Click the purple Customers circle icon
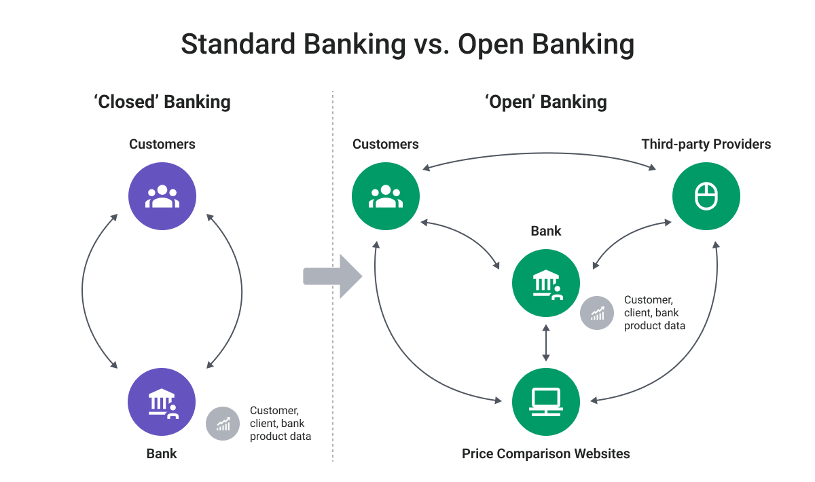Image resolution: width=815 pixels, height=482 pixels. pos(162,197)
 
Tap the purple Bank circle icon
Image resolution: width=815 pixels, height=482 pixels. pos(162,402)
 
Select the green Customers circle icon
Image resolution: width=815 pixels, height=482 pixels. pos(385,197)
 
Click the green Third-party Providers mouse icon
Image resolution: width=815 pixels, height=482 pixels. pos(706,197)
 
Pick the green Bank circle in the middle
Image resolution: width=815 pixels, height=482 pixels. pos(546,283)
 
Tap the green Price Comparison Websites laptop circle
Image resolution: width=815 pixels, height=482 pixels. pos(546,402)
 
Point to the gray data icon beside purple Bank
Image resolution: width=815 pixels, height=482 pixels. pos(223,424)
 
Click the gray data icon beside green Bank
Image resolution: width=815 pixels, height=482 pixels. pos(597,313)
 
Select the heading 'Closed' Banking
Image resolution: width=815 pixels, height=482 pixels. pos(162,103)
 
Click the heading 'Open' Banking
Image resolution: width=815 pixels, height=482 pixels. pos(546,103)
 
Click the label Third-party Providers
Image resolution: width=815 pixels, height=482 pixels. pos(706,144)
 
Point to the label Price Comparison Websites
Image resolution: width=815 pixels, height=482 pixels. pos(546,453)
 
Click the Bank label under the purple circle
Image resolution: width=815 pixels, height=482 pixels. pos(162,453)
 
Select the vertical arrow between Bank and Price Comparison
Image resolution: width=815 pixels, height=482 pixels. pos(546,343)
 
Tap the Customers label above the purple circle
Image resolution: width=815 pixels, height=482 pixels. pos(162,144)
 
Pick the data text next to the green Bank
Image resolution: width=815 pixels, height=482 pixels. pos(654,313)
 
